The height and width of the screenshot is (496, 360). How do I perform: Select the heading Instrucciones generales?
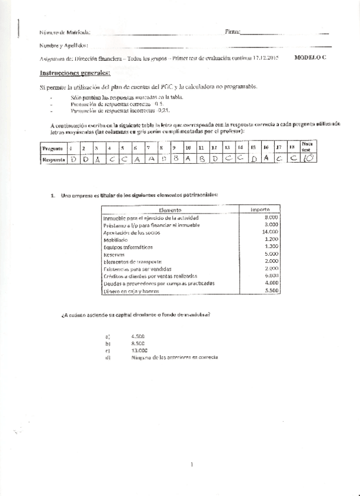(74, 73)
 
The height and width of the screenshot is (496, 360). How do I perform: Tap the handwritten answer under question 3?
(97, 158)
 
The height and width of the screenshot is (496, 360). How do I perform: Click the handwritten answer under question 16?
(266, 157)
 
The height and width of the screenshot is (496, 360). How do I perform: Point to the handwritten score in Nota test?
(308, 157)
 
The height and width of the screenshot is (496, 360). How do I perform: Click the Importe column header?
(259, 209)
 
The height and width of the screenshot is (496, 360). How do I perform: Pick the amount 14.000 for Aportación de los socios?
(269, 232)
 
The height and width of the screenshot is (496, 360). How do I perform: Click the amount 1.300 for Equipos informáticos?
(271, 246)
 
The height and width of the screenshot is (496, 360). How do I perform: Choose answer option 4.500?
(139, 336)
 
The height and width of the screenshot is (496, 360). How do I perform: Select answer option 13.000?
(140, 350)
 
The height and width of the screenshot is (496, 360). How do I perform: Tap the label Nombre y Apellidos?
(64, 45)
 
